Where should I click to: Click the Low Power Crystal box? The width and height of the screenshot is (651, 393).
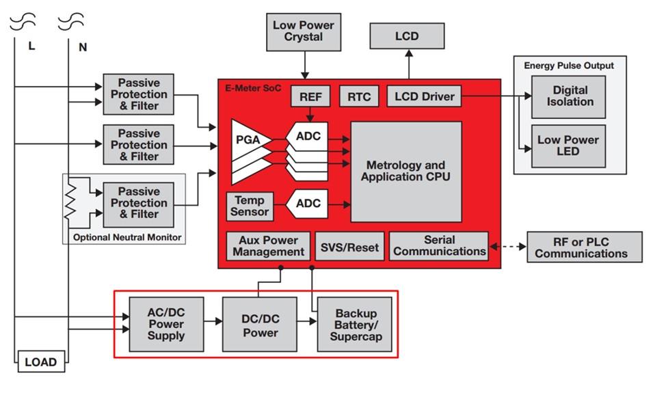[x=303, y=31]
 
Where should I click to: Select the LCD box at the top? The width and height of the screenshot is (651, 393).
[x=407, y=36]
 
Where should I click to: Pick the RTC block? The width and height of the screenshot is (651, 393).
[x=360, y=96]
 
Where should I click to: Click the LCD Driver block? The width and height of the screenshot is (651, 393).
[x=425, y=96]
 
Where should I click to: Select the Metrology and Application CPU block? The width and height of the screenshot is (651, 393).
[x=406, y=172]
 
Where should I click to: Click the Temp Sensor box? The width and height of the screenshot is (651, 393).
[x=250, y=206]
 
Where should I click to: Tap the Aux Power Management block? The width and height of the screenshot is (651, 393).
[x=268, y=246]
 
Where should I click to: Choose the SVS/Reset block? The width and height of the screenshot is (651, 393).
[x=349, y=247]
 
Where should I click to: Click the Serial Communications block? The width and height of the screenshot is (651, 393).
[x=440, y=246]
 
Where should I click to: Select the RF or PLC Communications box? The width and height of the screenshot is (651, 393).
[x=581, y=247]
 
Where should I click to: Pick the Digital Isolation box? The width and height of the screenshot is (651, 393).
[x=570, y=96]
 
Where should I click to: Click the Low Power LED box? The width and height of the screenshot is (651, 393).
[x=568, y=146]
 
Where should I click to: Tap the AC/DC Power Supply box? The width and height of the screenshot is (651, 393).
[x=166, y=324]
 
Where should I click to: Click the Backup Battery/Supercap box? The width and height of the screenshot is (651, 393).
[x=355, y=324]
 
